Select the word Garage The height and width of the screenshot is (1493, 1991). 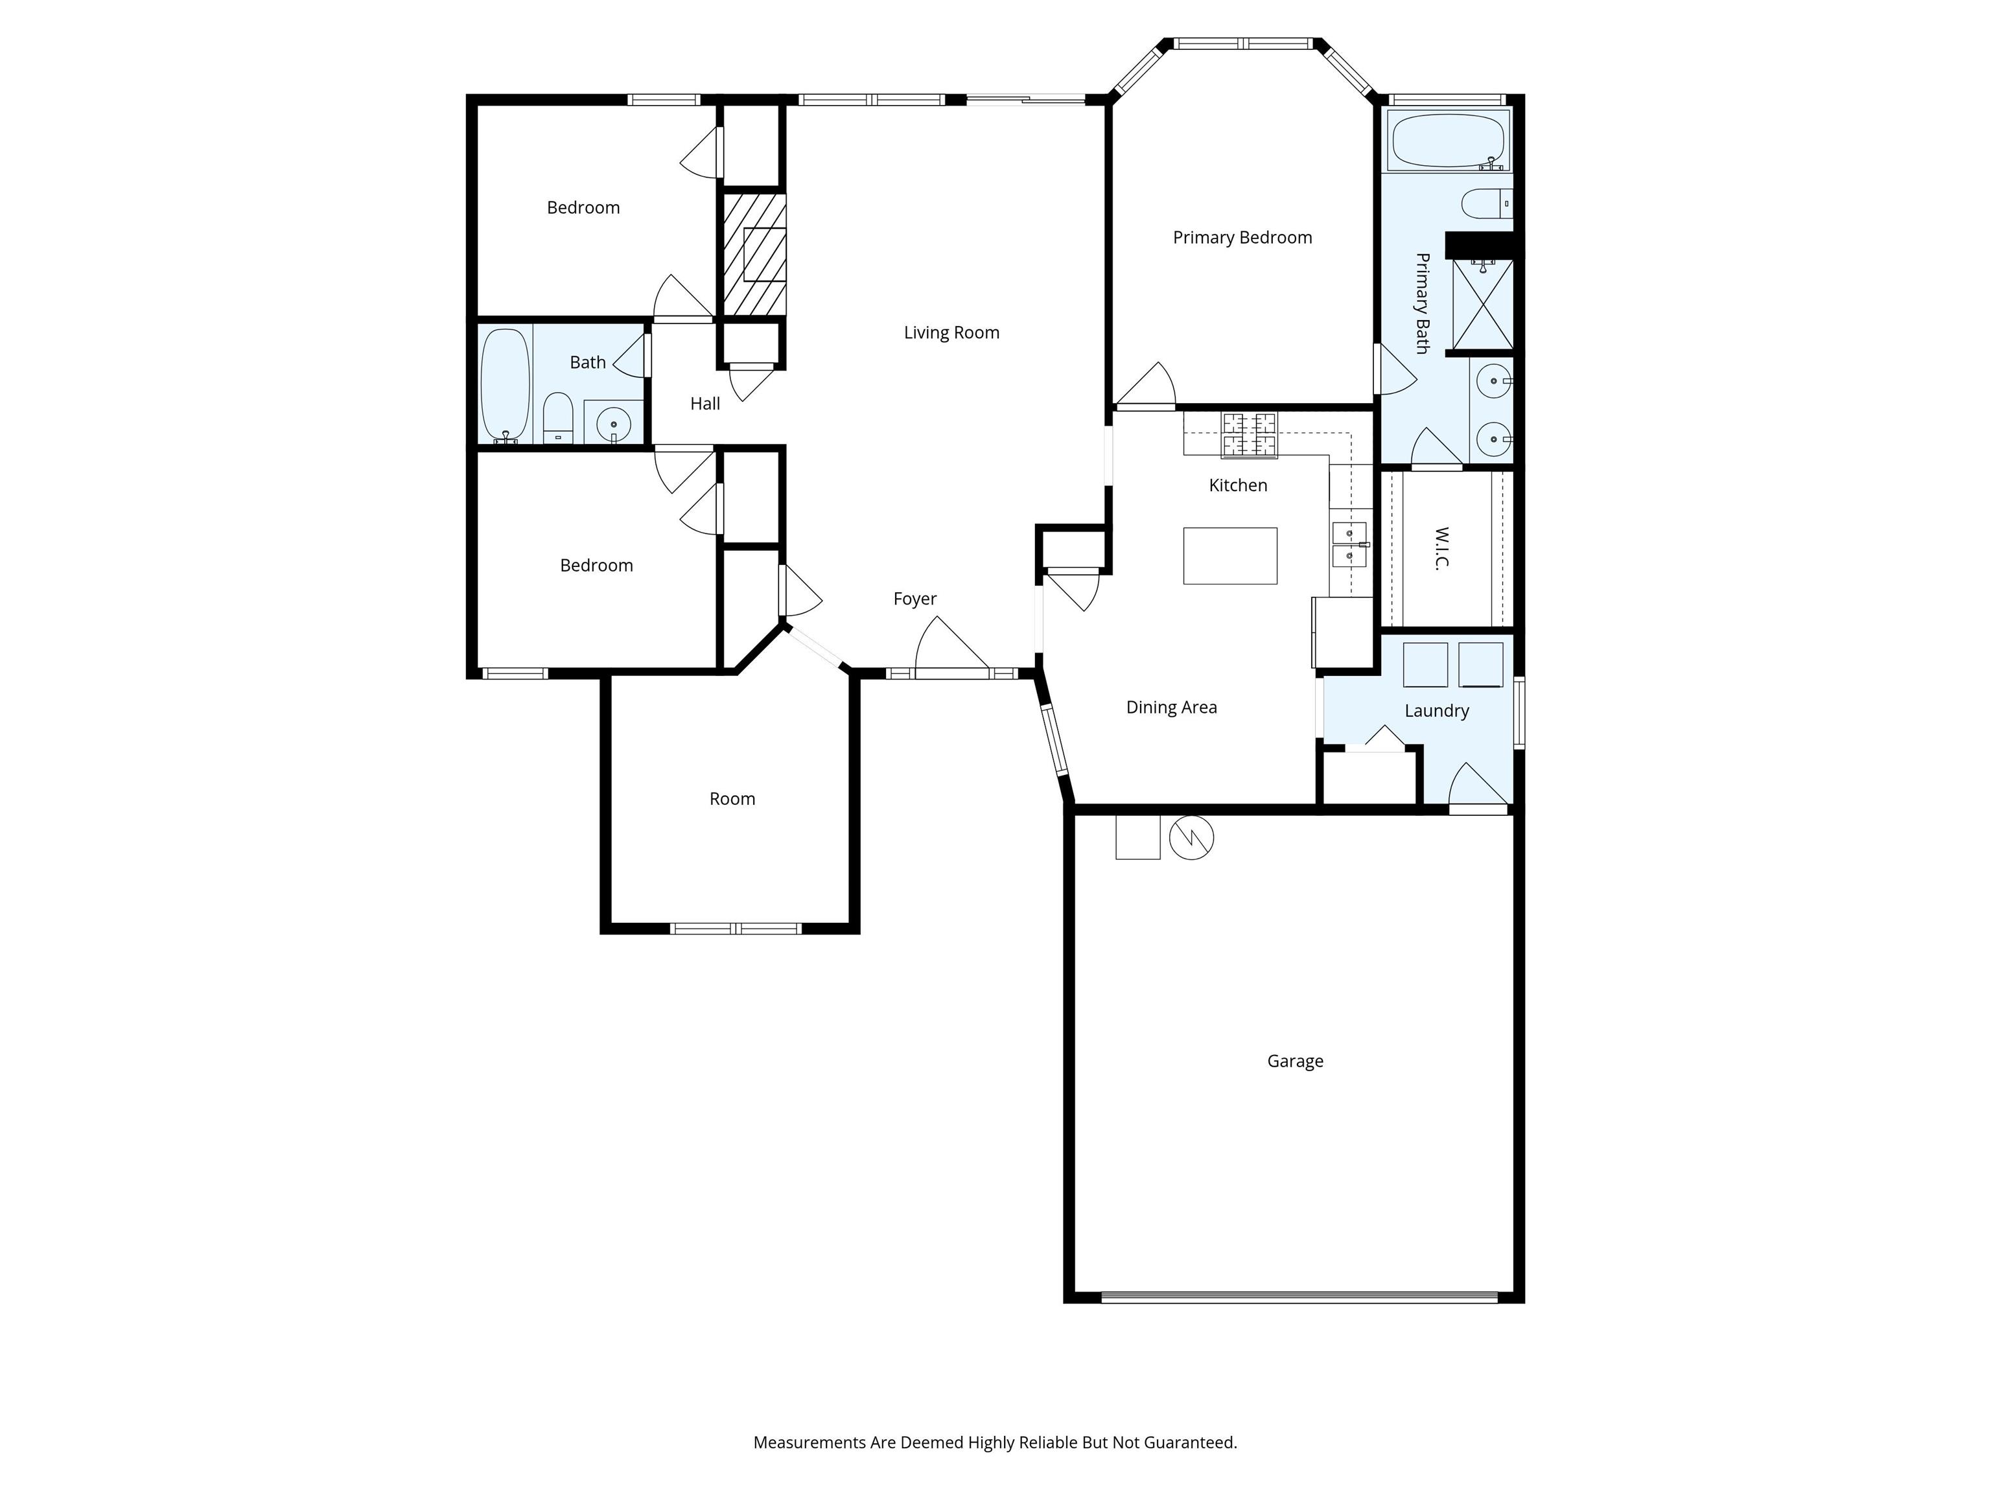click(x=1294, y=1061)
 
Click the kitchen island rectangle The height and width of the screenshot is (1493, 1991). click(x=1229, y=556)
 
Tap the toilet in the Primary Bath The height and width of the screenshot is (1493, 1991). click(x=1485, y=204)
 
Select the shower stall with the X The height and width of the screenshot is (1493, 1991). click(x=1482, y=304)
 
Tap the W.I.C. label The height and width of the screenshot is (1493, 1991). click(x=1441, y=549)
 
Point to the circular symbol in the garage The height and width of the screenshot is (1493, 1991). click(x=1191, y=838)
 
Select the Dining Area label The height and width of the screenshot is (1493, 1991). click(x=1171, y=708)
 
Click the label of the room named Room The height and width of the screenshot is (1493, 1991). click(x=732, y=799)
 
